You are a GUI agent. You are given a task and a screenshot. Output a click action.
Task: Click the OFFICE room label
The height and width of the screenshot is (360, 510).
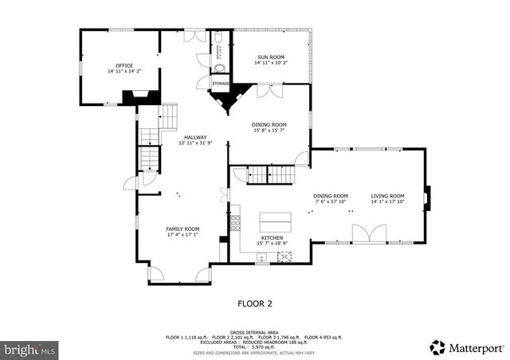[x=124, y=65]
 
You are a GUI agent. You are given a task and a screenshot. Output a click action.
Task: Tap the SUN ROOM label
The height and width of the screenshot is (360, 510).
[x=270, y=57]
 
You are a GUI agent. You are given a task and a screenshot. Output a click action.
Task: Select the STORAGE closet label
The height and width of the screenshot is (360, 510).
[x=221, y=84]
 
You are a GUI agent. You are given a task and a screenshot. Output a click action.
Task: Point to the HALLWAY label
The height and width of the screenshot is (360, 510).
[x=195, y=137]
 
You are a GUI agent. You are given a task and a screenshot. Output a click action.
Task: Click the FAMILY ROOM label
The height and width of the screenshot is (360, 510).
[x=182, y=229]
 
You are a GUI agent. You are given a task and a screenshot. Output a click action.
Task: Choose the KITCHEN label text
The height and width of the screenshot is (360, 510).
[x=273, y=237]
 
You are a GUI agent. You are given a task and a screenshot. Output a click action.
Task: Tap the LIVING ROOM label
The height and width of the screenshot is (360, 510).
[x=387, y=196]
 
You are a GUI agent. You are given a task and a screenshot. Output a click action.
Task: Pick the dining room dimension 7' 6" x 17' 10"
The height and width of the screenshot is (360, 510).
[x=331, y=202]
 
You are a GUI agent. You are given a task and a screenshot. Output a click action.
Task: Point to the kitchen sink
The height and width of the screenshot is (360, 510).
[x=261, y=256]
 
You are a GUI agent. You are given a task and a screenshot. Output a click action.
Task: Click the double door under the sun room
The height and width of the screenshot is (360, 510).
[x=269, y=92]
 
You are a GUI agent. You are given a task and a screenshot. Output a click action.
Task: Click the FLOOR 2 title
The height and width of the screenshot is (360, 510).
[x=256, y=303]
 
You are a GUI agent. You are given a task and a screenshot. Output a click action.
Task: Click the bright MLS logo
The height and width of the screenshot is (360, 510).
[x=29, y=349]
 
